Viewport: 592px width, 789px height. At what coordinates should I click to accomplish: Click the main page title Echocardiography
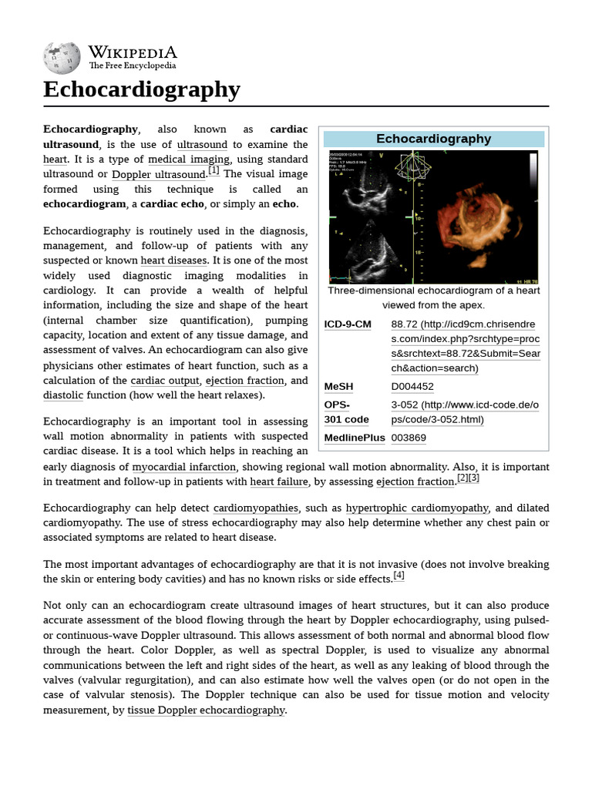click(142, 89)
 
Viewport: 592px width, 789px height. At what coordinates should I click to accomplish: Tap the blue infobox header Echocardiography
click(433, 139)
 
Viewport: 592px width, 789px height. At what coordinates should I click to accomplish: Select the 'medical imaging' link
click(189, 159)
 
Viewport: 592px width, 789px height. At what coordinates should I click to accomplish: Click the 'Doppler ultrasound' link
click(159, 174)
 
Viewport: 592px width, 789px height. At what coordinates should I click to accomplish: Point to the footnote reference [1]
click(213, 171)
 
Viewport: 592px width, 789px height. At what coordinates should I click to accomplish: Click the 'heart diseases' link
click(173, 260)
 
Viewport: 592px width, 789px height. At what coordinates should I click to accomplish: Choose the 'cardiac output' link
click(166, 381)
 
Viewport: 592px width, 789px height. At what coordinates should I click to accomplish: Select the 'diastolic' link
click(63, 395)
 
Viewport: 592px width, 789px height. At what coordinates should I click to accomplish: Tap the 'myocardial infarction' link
click(185, 466)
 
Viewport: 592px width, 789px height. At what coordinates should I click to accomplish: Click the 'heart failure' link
click(279, 482)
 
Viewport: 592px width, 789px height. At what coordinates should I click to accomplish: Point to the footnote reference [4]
click(399, 576)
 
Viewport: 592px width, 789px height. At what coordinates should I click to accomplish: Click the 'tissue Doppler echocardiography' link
click(206, 710)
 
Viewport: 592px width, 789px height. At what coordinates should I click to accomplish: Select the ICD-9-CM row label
click(348, 324)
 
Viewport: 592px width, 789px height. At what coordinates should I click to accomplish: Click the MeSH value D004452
click(412, 386)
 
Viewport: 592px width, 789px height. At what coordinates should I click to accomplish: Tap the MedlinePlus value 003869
click(409, 438)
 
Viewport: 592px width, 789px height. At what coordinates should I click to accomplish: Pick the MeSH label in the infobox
click(338, 386)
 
